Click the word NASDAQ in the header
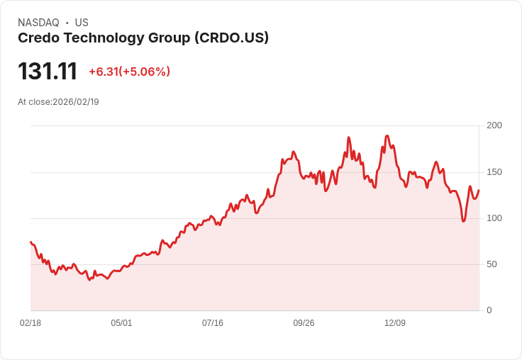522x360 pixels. [38, 23]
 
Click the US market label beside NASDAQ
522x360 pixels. [82, 23]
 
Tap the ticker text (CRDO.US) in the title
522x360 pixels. [231, 38]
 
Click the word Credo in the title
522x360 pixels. [38, 38]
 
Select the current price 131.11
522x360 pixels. [48, 72]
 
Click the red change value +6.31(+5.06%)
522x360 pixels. [129, 72]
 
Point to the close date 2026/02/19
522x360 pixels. [76, 102]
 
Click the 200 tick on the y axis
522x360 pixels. [494, 125]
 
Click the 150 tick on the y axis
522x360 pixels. [494, 172]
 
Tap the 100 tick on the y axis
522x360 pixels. [494, 218]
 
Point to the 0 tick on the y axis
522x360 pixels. [489, 310]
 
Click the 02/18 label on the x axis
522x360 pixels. [30, 323]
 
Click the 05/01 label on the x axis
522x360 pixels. [121, 323]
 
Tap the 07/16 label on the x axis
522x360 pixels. [213, 323]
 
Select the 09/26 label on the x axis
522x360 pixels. [304, 323]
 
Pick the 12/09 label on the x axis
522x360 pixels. [395, 323]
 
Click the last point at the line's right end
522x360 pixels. [479, 190]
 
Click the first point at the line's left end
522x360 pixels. [30, 242]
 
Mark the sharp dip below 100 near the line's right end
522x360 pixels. [463, 221]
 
